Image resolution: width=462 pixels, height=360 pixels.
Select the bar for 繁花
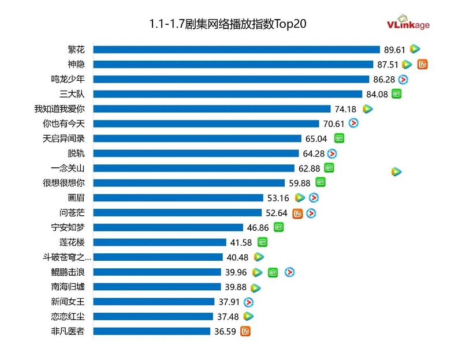(x=236, y=49)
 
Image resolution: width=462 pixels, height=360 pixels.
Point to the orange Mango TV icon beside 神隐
(x=423, y=64)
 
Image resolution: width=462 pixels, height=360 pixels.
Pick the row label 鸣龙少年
(x=68, y=79)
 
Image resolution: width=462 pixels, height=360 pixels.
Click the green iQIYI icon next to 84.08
(x=397, y=93)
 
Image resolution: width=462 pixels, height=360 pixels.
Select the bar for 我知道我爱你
(x=211, y=108)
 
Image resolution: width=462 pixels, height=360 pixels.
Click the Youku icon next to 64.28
(x=332, y=153)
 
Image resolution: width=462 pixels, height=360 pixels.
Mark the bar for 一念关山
(x=193, y=168)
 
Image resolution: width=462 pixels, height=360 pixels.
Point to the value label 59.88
(x=299, y=183)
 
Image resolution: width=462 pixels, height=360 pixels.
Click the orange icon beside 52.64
(x=298, y=213)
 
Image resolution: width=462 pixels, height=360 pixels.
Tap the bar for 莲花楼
(x=159, y=242)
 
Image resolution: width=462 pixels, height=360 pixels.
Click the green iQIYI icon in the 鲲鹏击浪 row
(x=273, y=272)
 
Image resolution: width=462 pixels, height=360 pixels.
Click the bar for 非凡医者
(x=151, y=331)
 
